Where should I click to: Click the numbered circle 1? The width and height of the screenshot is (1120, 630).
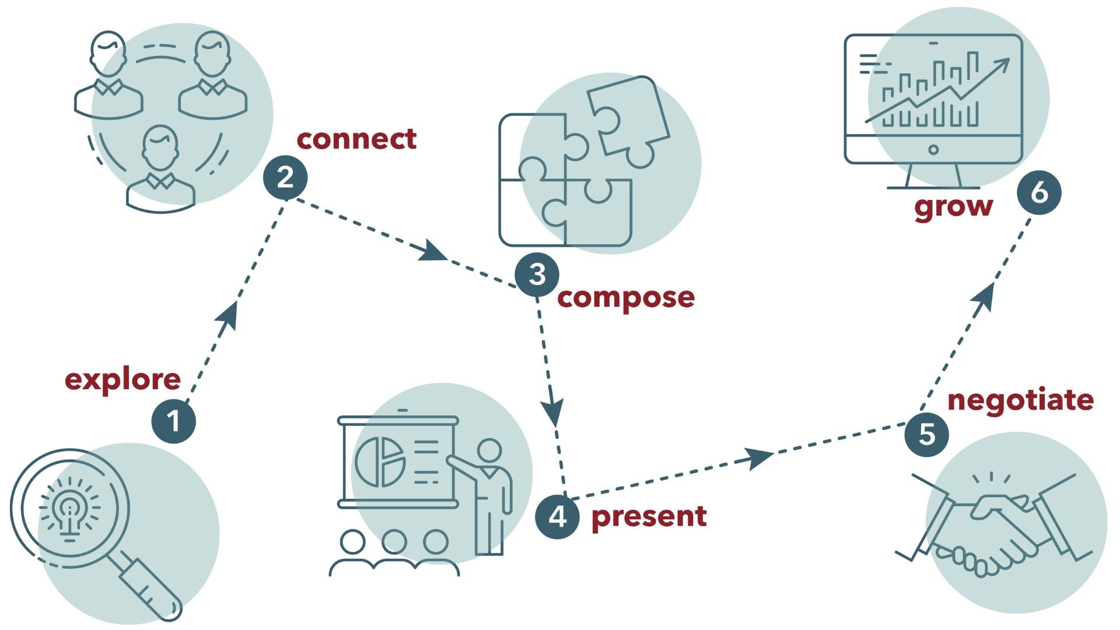click(173, 421)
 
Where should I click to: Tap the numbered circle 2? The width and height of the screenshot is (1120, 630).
click(285, 177)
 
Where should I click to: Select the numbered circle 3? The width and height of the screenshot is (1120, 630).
click(537, 274)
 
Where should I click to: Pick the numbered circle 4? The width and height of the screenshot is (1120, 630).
click(557, 516)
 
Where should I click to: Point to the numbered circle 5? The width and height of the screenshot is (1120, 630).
click(926, 435)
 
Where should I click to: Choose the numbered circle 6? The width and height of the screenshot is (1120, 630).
click(1039, 192)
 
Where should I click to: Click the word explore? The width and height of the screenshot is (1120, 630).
click(123, 380)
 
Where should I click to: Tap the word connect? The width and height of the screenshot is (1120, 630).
click(356, 139)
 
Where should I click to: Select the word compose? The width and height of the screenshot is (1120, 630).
click(626, 297)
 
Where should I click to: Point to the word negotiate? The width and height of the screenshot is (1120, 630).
click(1020, 400)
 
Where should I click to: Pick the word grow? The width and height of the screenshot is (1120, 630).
click(953, 206)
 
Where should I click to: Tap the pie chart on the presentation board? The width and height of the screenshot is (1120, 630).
click(380, 462)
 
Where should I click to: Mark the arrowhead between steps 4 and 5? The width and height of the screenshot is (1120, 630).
click(757, 457)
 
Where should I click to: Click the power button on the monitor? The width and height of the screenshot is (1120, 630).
click(933, 150)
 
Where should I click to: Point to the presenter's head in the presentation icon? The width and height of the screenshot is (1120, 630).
click(489, 450)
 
